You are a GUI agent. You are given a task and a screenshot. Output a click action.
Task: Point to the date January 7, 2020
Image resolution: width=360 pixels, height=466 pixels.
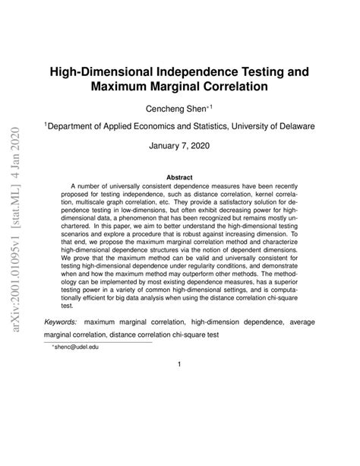pyautogui.click(x=179, y=149)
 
